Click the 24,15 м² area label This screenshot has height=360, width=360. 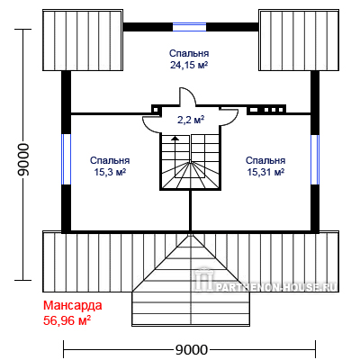click(189, 65)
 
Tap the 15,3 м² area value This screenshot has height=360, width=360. click(110, 172)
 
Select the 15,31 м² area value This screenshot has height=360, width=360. click(265, 172)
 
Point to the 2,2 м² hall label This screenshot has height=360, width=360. click(191, 120)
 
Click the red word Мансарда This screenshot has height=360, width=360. click(73, 305)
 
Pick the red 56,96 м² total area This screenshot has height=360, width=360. click(67, 320)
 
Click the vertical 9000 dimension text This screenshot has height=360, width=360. click(23, 159)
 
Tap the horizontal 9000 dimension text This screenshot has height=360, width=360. click(192, 350)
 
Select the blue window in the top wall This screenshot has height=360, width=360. click(189, 27)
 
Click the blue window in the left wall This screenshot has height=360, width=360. click(66, 159)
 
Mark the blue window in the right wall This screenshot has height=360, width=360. click(315, 159)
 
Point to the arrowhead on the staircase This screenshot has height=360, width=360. click(175, 138)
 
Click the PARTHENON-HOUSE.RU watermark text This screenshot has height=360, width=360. click(276, 287)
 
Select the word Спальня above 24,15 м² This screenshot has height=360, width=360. click(189, 53)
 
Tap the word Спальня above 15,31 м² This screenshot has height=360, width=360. click(265, 160)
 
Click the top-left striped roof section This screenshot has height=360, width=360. click(83, 40)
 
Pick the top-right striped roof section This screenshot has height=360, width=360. click(299, 40)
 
